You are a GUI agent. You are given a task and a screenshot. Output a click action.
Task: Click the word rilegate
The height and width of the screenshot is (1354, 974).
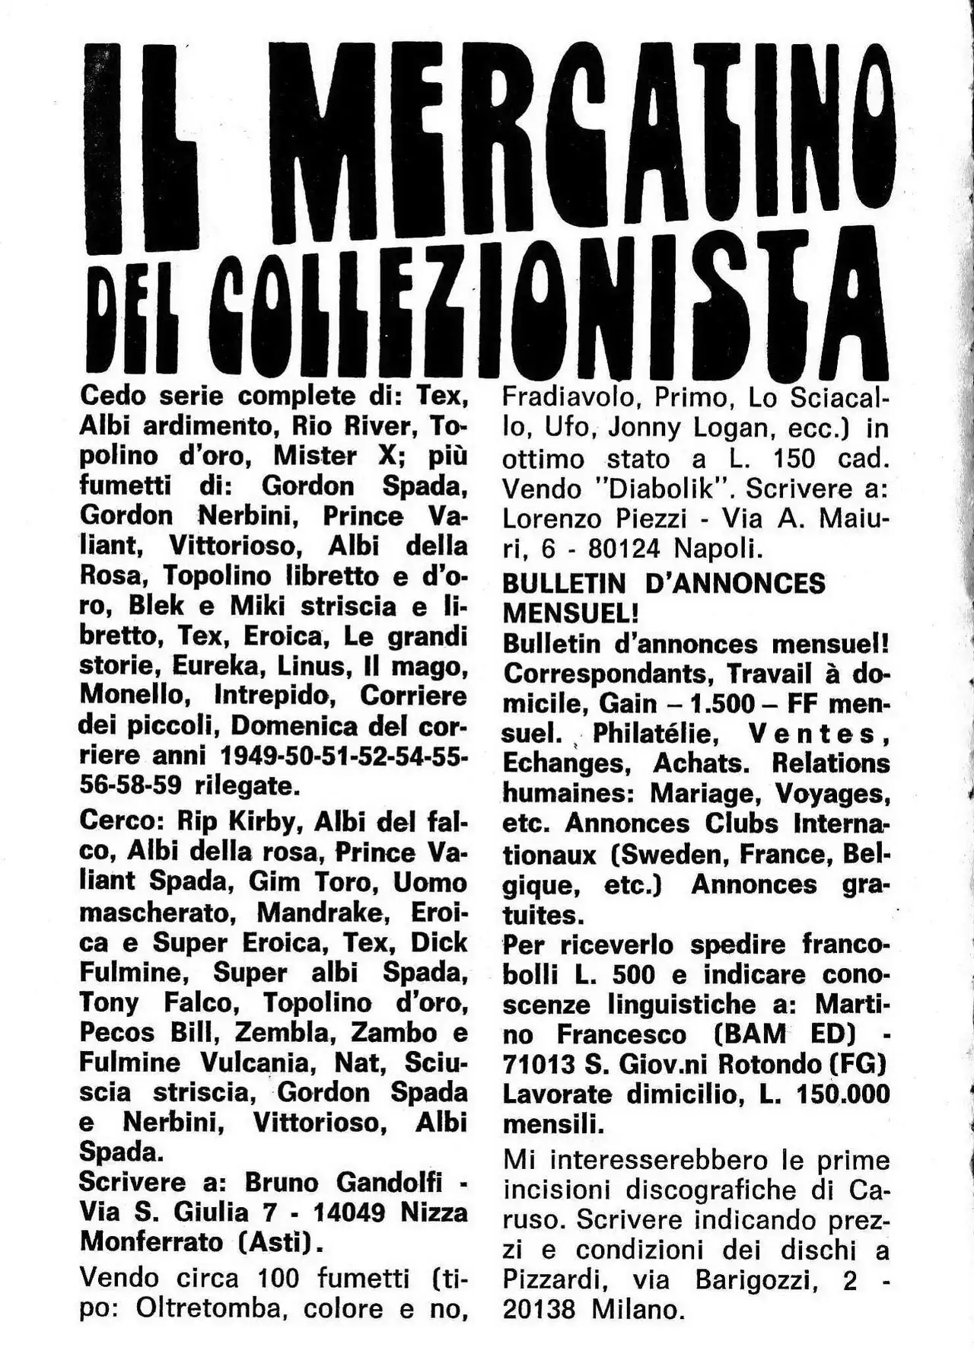pyautogui.click(x=243, y=785)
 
